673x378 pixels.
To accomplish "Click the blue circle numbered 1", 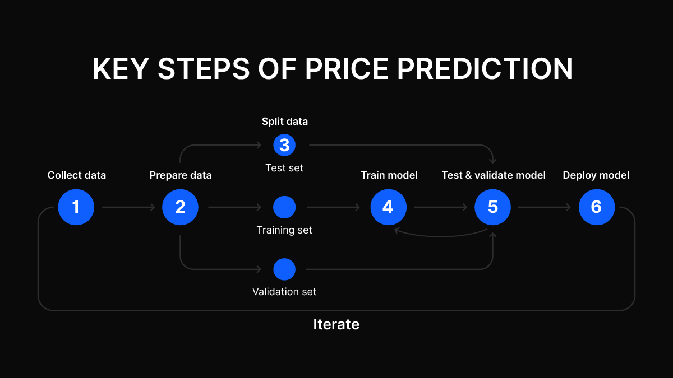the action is click(76, 207).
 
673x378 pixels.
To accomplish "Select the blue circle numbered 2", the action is click(180, 207).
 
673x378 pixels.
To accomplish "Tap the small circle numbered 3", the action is click(284, 145).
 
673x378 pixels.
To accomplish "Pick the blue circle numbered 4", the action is click(389, 207).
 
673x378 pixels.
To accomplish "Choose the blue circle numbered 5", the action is click(493, 207).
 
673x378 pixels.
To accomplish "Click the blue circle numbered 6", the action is click(597, 207).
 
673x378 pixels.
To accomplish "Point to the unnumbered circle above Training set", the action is click(284, 207).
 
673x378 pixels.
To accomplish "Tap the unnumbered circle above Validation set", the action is click(284, 269).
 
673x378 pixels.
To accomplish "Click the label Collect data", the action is click(77, 175).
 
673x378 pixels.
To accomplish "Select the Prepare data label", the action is click(181, 175).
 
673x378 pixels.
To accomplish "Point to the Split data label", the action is click(285, 122).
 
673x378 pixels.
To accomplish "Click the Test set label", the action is click(284, 168).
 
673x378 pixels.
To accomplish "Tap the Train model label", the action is click(389, 175).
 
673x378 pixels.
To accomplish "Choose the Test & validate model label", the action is click(494, 175).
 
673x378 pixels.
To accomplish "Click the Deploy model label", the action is click(596, 175).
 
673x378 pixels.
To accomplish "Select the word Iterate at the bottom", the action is click(336, 324).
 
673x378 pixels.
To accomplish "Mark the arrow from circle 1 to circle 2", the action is click(128, 207).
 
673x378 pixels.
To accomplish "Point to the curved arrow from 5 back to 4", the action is click(440, 236).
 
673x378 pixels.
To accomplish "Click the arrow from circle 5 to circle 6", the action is click(545, 207).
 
